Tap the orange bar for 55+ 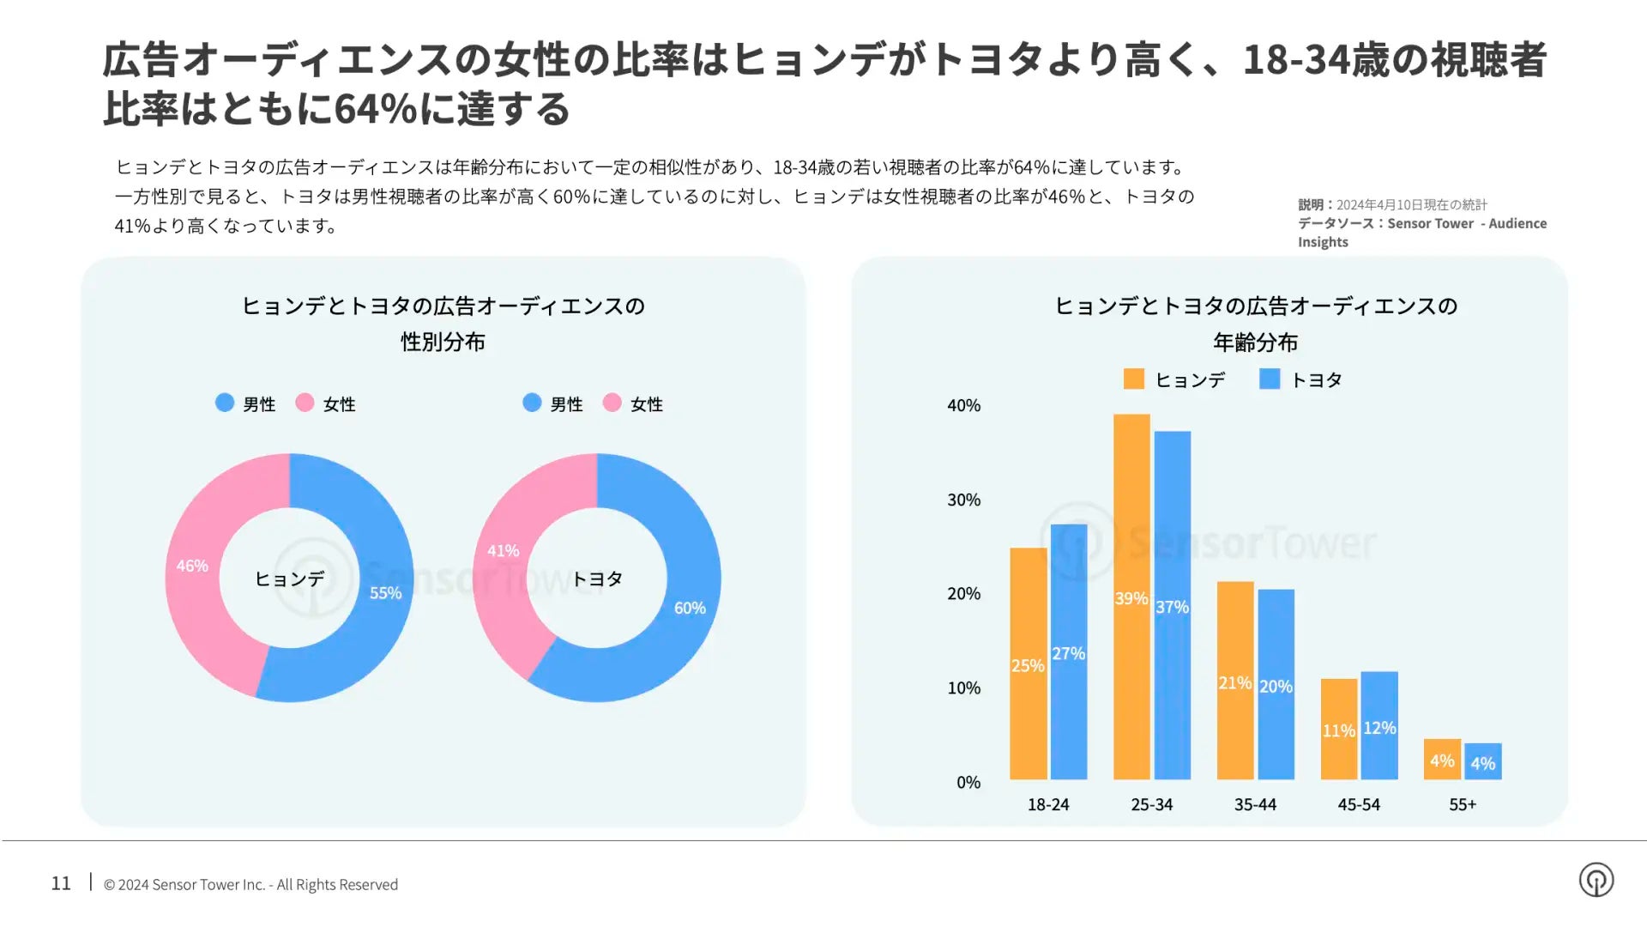(1442, 759)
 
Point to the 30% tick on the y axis (963, 500)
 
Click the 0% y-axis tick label (968, 782)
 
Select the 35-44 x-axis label (1255, 804)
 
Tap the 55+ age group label (1463, 804)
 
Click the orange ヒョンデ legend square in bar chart (1134, 379)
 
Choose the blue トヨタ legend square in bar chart (1270, 379)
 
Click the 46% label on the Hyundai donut (192, 566)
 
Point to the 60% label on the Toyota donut (690, 608)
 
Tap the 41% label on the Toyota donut (503, 550)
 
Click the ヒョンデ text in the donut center (290, 579)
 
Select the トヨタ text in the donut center (597, 579)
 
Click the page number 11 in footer (61, 883)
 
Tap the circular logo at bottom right (1596, 880)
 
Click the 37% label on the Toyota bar (1172, 607)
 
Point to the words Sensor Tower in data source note (1430, 223)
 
